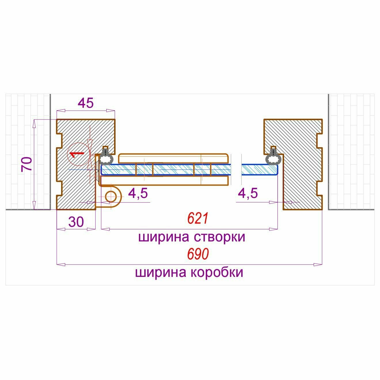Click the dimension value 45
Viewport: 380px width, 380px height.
pyautogui.click(x=86, y=103)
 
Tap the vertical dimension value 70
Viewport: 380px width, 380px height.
pyautogui.click(x=27, y=164)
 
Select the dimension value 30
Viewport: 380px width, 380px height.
pyautogui.click(x=76, y=222)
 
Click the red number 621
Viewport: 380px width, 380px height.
pyautogui.click(x=198, y=219)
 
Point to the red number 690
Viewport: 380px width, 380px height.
pyautogui.click(x=198, y=254)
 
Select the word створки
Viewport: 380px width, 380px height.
pyautogui.click(x=220, y=237)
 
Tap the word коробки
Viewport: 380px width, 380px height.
pyautogui.click(x=217, y=272)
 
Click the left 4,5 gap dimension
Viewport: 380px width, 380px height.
pyautogui.click(x=138, y=193)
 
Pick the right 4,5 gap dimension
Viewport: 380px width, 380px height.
pyautogui.click(x=248, y=193)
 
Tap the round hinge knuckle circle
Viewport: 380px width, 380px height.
pyautogui.click(x=110, y=196)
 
